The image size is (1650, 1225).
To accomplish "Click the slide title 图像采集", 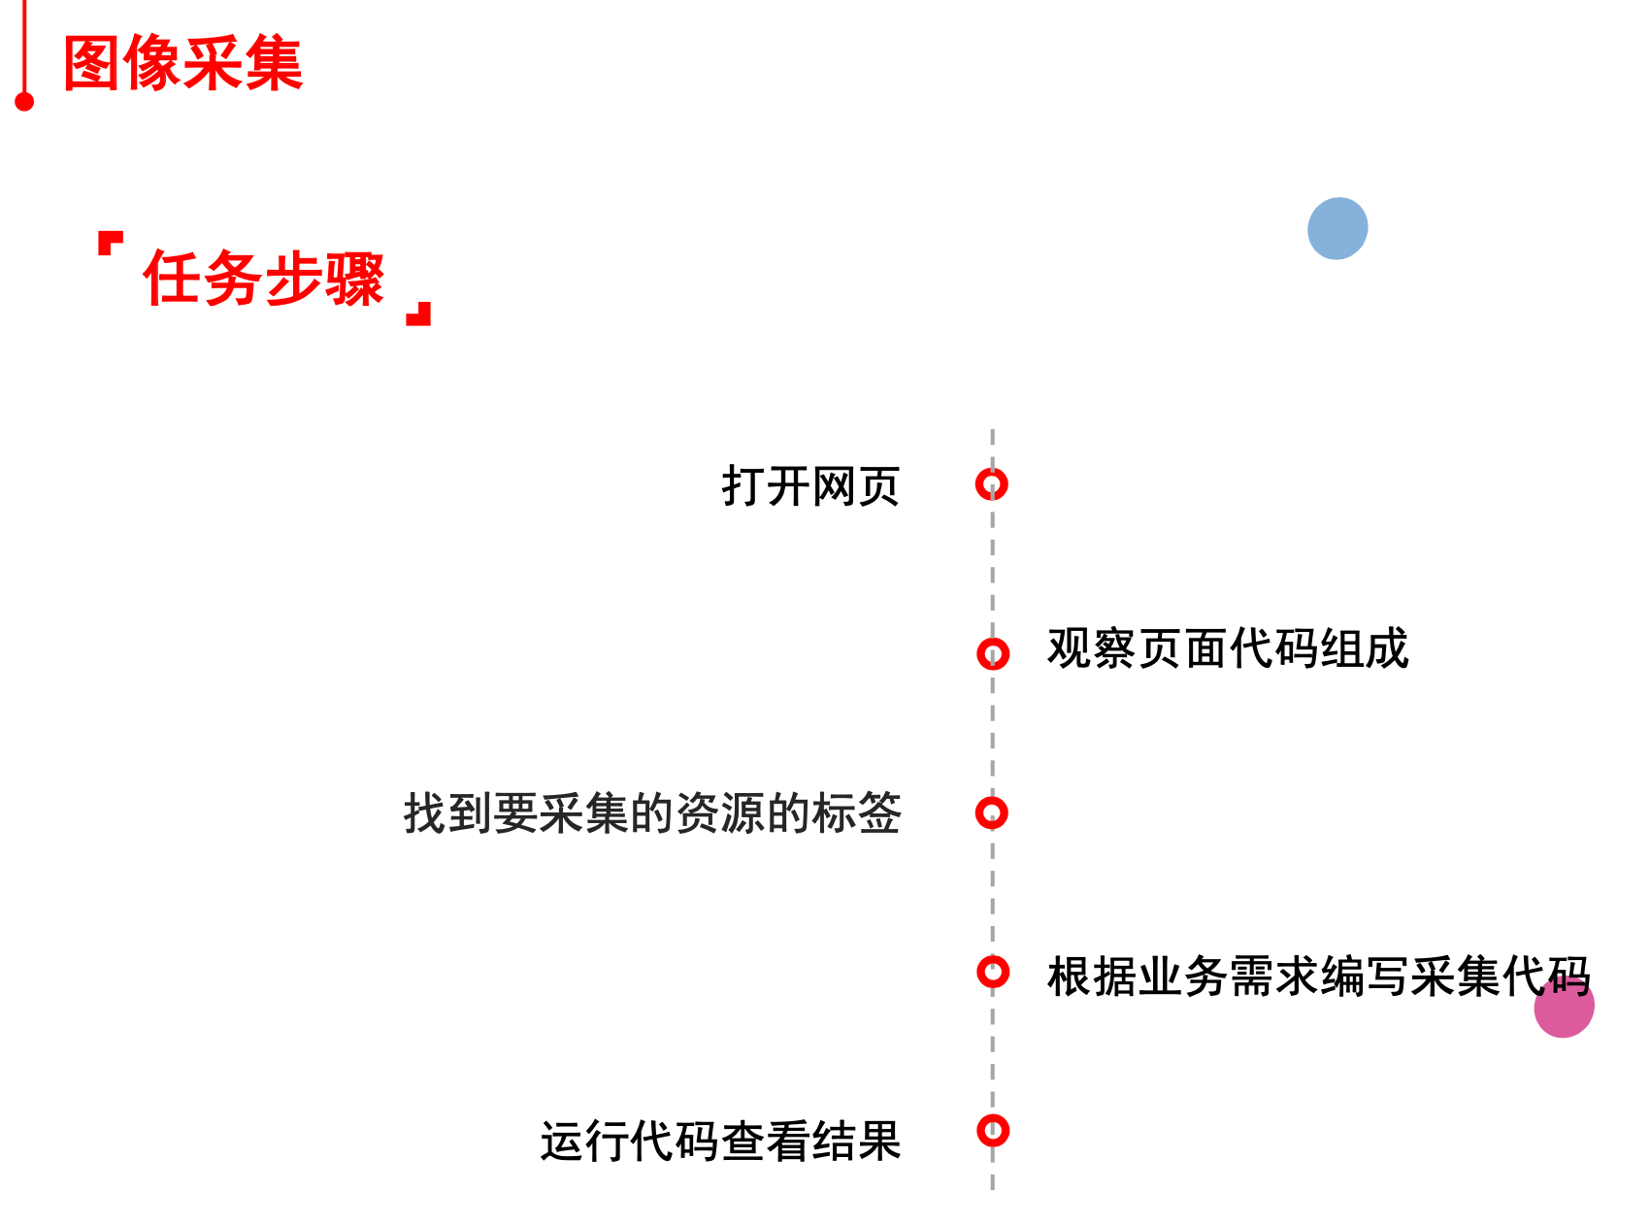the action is click(182, 64).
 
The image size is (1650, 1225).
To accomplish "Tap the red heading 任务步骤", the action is click(264, 279).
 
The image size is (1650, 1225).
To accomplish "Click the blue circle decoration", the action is click(1337, 228).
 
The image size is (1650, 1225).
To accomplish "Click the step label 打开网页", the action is click(810, 485).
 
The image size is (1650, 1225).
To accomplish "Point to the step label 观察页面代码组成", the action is click(1227, 648).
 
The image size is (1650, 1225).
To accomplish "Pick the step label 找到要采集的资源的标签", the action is click(652, 813).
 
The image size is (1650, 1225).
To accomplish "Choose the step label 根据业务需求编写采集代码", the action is click(1317, 976).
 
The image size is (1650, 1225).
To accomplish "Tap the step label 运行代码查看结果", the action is click(720, 1141).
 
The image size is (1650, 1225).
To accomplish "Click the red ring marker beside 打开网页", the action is click(992, 483).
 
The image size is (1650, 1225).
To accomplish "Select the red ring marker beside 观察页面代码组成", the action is click(993, 653).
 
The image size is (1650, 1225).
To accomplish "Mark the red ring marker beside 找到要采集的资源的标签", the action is click(992, 812).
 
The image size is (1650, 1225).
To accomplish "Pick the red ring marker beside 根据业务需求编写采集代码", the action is click(993, 971).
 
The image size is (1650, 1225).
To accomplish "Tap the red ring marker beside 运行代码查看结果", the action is click(993, 1130).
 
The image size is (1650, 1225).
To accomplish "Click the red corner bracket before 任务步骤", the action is click(109, 241).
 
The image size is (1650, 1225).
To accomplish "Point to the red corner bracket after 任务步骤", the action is click(419, 315).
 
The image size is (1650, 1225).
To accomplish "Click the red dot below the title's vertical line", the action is click(25, 101).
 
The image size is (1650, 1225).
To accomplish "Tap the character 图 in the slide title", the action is click(92, 64).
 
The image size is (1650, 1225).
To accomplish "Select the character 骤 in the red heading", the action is click(355, 279).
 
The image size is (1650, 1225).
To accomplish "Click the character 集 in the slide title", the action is click(274, 64).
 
